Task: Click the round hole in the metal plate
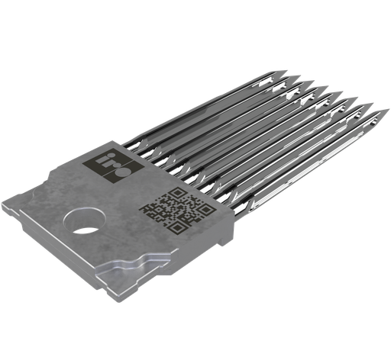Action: click(x=84, y=220)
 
